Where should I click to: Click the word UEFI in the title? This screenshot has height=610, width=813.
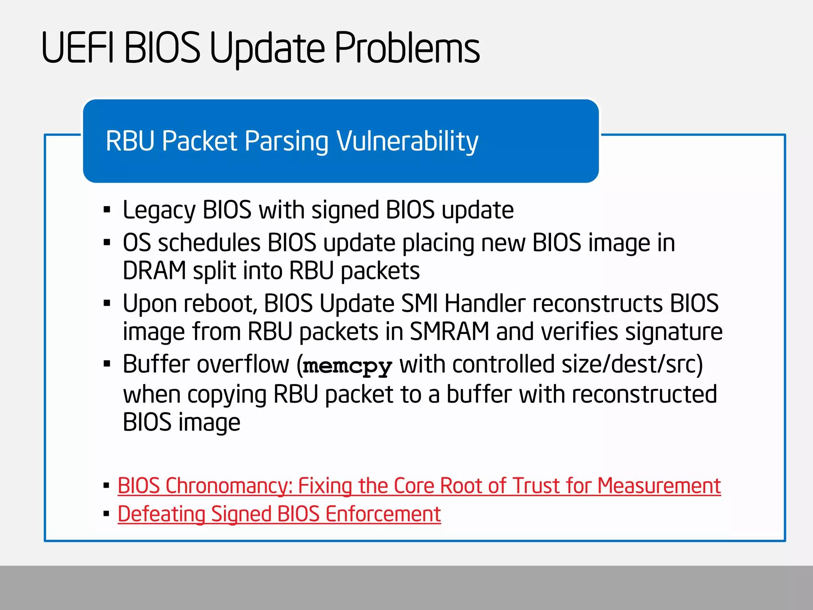click(x=77, y=48)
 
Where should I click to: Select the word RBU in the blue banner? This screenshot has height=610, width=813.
click(x=130, y=141)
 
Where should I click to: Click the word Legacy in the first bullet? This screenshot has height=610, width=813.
click(x=159, y=210)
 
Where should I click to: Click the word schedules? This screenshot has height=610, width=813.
click(x=209, y=243)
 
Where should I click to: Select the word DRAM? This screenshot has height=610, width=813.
click(x=154, y=271)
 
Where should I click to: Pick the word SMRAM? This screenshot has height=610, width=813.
click(x=449, y=332)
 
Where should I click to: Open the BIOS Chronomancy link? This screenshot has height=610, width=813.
click(x=419, y=486)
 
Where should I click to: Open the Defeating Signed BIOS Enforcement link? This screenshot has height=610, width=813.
click(x=279, y=514)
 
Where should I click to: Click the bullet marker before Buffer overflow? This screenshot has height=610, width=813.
click(x=106, y=364)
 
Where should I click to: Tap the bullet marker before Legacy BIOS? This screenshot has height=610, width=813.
click(x=106, y=210)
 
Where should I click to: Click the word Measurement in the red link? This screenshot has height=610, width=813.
click(x=659, y=486)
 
